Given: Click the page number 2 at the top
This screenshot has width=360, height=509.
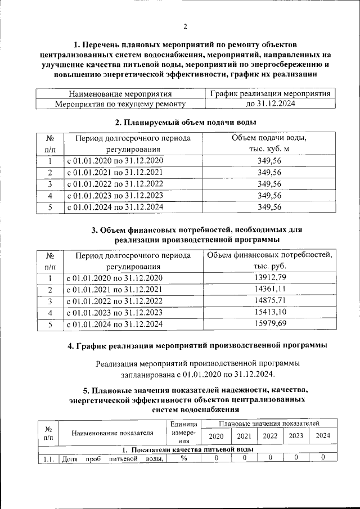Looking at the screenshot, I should click(185, 26).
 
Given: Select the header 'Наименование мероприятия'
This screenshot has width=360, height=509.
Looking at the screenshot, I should click(120, 94).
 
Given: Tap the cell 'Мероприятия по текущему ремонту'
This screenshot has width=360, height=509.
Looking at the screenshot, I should click(120, 104).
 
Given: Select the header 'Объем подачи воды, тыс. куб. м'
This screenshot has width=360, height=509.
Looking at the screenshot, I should click(269, 143).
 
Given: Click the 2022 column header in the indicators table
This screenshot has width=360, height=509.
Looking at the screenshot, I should click(271, 436).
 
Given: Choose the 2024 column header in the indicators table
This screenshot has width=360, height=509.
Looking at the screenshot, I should click(323, 436).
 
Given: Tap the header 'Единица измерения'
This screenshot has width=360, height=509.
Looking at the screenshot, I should click(183, 433).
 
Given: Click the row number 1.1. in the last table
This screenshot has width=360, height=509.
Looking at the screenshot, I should click(48, 458).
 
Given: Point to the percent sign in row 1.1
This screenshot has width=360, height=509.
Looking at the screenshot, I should click(183, 458).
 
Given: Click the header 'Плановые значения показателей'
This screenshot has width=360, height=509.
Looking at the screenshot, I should click(269, 422).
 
